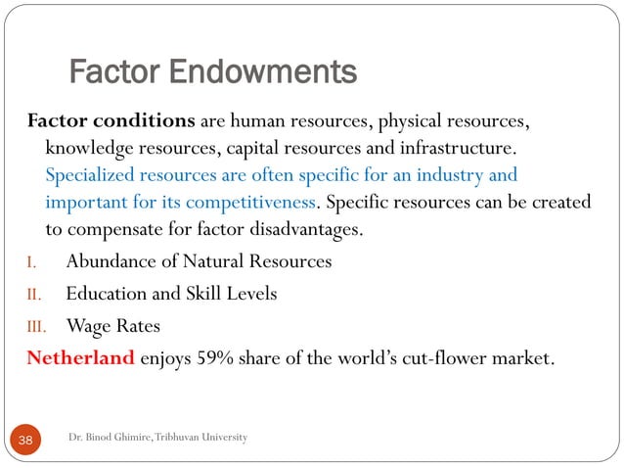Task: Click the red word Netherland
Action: pos(80,357)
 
